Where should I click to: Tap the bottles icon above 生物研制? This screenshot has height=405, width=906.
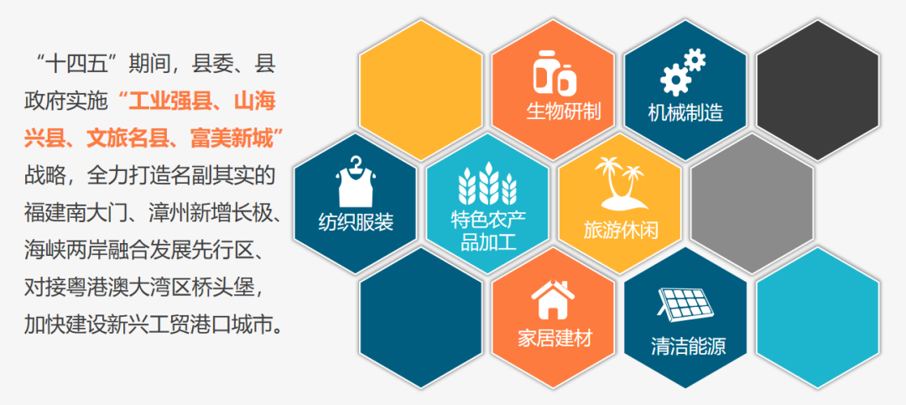pyautogui.click(x=555, y=72)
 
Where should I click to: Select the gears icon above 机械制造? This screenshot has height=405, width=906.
pyautogui.click(x=684, y=72)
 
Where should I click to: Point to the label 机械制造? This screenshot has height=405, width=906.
pyautogui.click(x=686, y=112)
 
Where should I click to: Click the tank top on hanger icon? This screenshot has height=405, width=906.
pyautogui.click(x=355, y=181)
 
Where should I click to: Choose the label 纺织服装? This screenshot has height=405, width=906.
pyautogui.click(x=356, y=222)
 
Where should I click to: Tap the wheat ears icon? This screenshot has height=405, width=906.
pyautogui.click(x=487, y=184)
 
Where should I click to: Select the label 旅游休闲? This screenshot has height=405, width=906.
pyautogui.click(x=621, y=231)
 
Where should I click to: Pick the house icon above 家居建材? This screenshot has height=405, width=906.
pyautogui.click(x=554, y=299)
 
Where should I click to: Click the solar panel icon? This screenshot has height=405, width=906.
pyautogui.click(x=686, y=305)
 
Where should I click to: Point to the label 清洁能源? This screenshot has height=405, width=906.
pyautogui.click(x=688, y=346)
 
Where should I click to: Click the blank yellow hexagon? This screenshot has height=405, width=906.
pyautogui.click(x=420, y=90)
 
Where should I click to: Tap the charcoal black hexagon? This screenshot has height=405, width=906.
pyautogui.click(x=818, y=90)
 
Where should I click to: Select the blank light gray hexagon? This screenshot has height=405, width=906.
pyautogui.click(x=752, y=204)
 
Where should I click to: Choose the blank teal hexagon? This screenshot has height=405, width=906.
pyautogui.click(x=818, y=317)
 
